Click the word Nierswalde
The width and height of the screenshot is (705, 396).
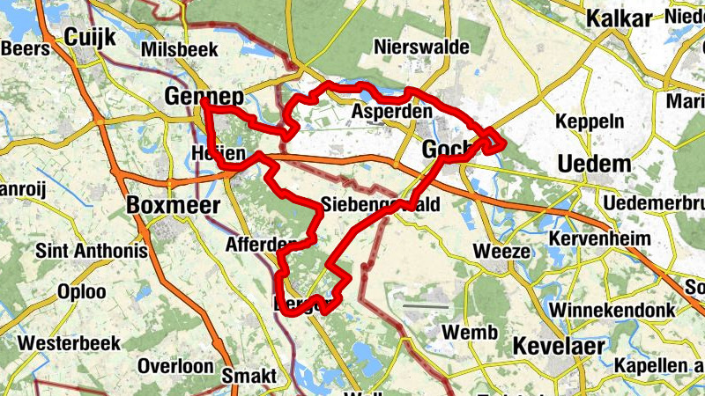tap(421, 46)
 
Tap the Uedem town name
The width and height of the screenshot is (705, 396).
tap(595, 164)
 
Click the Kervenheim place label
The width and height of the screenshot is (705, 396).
tap(599, 238)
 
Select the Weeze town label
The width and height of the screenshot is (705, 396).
tap(502, 251)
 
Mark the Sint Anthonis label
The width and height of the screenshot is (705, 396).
tap(91, 251)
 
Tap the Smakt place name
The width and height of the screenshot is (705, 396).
tap(249, 376)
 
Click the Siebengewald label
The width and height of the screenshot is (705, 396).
tap(380, 203)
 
